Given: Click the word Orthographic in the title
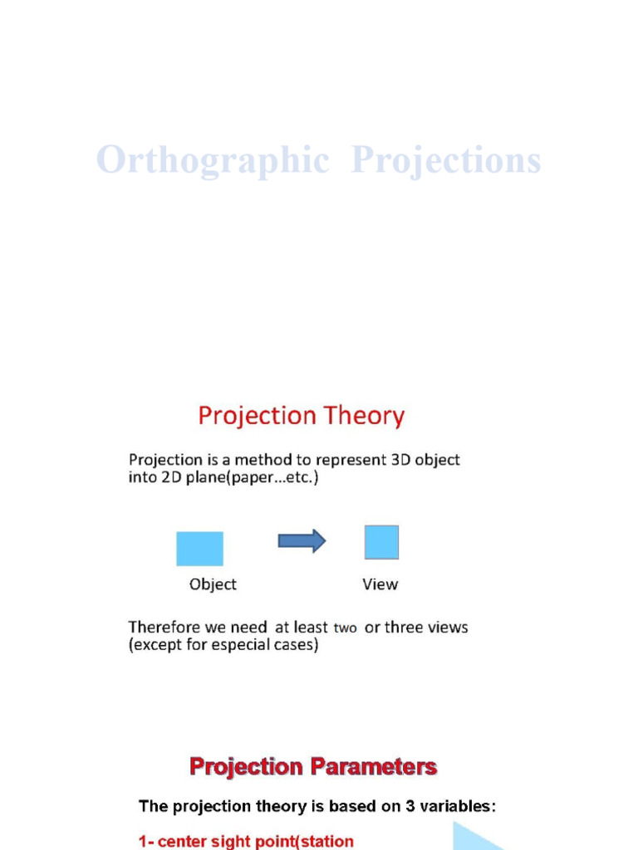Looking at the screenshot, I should pos(213,160).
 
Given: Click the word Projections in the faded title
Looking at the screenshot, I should pos(446,160).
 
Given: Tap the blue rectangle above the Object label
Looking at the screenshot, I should pos(199,549).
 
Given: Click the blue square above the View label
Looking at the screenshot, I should pos(381,542).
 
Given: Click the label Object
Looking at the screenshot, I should pos(213,584).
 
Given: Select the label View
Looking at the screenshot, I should pos(380,584).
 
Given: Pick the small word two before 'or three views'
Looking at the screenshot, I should pos(345,628).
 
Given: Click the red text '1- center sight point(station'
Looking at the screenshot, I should pos(246,841).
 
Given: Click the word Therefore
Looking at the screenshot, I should pos(164,628).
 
